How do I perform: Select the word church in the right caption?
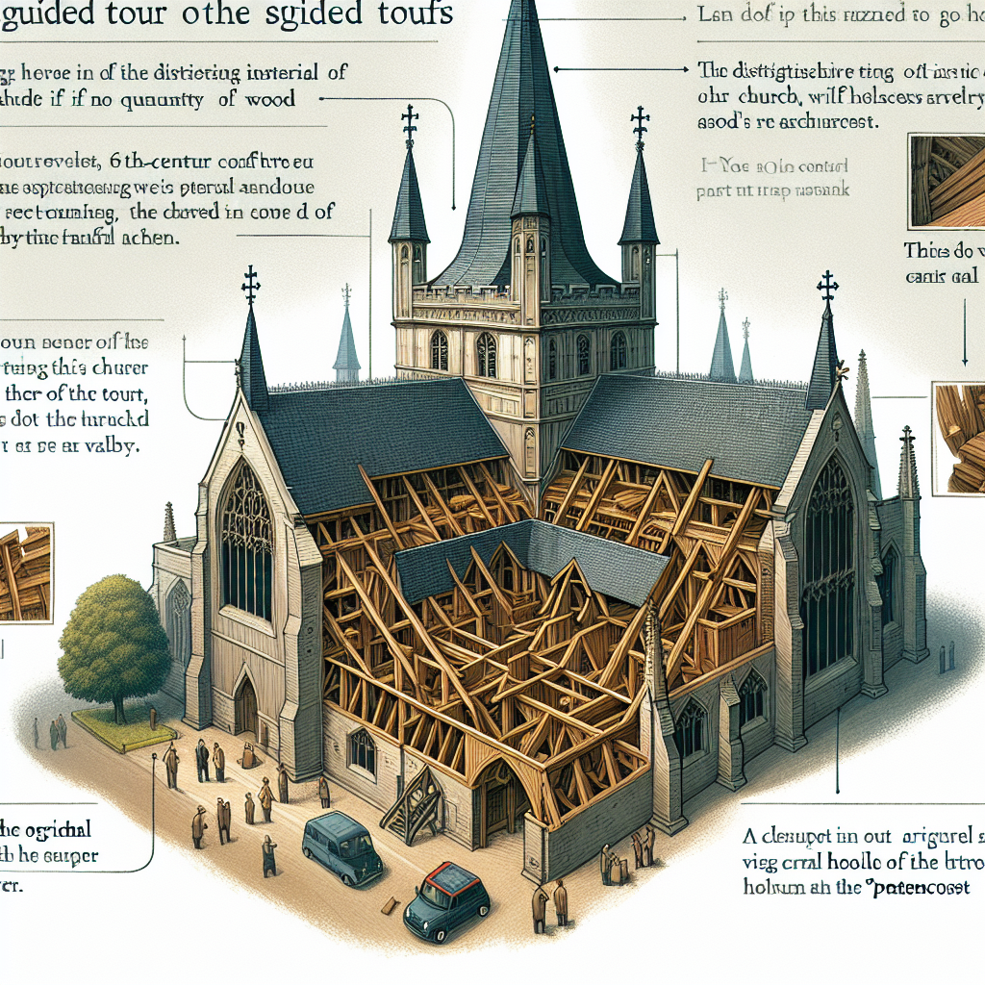pyautogui.click(x=760, y=98)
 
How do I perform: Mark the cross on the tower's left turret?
pyautogui.click(x=410, y=124)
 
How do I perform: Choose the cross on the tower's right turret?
pyautogui.click(x=638, y=126)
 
